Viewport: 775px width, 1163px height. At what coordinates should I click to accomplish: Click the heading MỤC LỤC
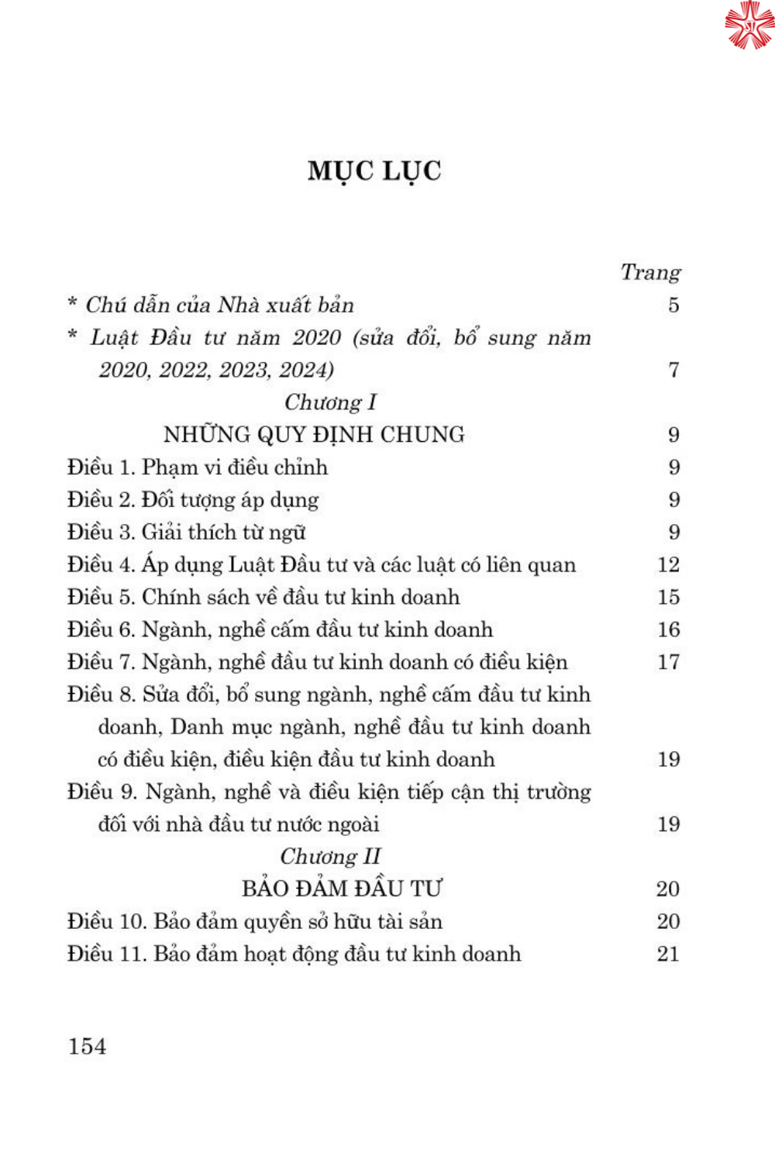(374, 171)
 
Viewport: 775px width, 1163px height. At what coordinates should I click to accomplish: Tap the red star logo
(749, 25)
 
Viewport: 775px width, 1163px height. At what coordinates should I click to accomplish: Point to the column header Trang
(650, 272)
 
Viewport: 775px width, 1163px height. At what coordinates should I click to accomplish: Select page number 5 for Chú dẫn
(673, 305)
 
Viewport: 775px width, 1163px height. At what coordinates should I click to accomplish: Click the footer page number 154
(87, 1046)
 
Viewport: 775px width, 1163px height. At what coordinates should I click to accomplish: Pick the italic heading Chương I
(330, 402)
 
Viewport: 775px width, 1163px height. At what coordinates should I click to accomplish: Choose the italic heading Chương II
(330, 856)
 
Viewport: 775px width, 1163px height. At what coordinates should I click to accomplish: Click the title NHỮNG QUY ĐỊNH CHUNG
(314, 434)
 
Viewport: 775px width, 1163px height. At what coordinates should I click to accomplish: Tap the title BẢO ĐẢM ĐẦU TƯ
(341, 889)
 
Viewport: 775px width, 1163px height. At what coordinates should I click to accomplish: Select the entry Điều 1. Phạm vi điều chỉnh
(198, 467)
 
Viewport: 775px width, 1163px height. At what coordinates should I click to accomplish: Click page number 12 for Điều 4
(668, 564)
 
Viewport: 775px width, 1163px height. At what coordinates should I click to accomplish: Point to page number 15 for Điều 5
(668, 597)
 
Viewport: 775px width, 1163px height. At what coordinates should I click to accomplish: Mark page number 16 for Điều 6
(668, 630)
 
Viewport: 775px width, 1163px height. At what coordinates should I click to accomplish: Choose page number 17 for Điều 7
(668, 662)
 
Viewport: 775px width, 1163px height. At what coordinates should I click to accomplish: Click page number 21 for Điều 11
(668, 954)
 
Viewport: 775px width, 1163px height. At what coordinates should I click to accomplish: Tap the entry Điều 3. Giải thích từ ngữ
(187, 532)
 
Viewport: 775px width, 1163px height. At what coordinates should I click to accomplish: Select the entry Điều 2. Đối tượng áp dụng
(193, 499)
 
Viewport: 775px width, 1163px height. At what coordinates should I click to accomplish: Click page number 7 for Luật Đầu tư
(673, 370)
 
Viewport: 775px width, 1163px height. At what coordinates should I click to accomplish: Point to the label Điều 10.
(106, 921)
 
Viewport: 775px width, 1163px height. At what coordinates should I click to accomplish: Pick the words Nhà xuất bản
(285, 305)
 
